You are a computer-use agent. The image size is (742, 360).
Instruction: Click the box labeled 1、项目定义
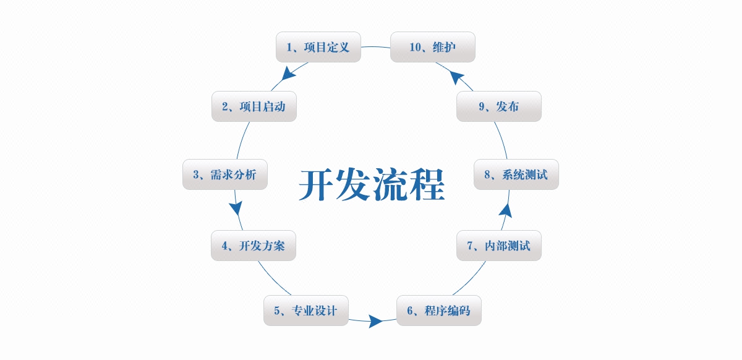tap(318, 47)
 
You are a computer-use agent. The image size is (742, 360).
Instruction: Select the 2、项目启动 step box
tap(254, 106)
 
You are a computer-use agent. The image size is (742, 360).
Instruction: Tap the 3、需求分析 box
tap(224, 174)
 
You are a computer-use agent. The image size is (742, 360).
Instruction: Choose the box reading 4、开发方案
tap(254, 246)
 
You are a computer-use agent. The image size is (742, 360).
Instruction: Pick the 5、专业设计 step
tap(306, 311)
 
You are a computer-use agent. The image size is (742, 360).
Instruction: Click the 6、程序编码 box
tap(438, 311)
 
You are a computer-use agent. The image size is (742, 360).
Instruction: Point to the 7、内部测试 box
tap(498, 246)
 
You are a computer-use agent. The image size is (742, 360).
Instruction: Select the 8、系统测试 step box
tap(516, 174)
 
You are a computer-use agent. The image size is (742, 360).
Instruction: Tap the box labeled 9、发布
tap(498, 106)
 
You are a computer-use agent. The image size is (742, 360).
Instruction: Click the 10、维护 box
tap(432, 47)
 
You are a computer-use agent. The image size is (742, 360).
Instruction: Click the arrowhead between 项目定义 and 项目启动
tap(286, 74)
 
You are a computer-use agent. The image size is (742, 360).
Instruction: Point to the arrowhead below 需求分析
tap(236, 207)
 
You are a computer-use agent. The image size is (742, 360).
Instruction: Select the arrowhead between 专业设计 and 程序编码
tap(375, 321)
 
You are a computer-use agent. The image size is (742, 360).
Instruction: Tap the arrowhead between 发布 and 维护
tap(458, 77)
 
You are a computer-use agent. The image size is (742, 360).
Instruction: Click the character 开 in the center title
tap(317, 184)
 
